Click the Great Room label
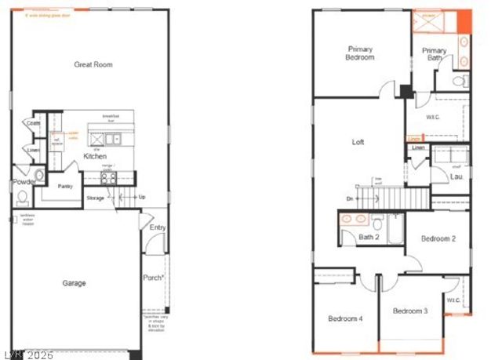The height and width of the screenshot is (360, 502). pos(93,64)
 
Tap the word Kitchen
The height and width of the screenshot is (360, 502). pos(96,156)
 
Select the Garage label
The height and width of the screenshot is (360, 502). pos(74,283)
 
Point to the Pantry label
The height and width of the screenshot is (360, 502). pos(66,186)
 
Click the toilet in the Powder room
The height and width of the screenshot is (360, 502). pos(22,196)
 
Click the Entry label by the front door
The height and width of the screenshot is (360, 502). pos(157,227)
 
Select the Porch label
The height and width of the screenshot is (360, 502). pos(153,278)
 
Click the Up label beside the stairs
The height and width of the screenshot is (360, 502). pos(141,197)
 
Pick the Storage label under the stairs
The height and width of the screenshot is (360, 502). pos(96,198)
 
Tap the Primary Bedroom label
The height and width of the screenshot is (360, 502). pos(361,53)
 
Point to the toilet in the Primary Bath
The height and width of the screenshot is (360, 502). pos(462,80)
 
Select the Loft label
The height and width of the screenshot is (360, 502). pos(358,142)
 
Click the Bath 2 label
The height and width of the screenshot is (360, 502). pos(369,236)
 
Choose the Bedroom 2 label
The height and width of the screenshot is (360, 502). pos(438,238)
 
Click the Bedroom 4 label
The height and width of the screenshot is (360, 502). pos(345,318)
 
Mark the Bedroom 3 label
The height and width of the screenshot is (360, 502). pos(409,311)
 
